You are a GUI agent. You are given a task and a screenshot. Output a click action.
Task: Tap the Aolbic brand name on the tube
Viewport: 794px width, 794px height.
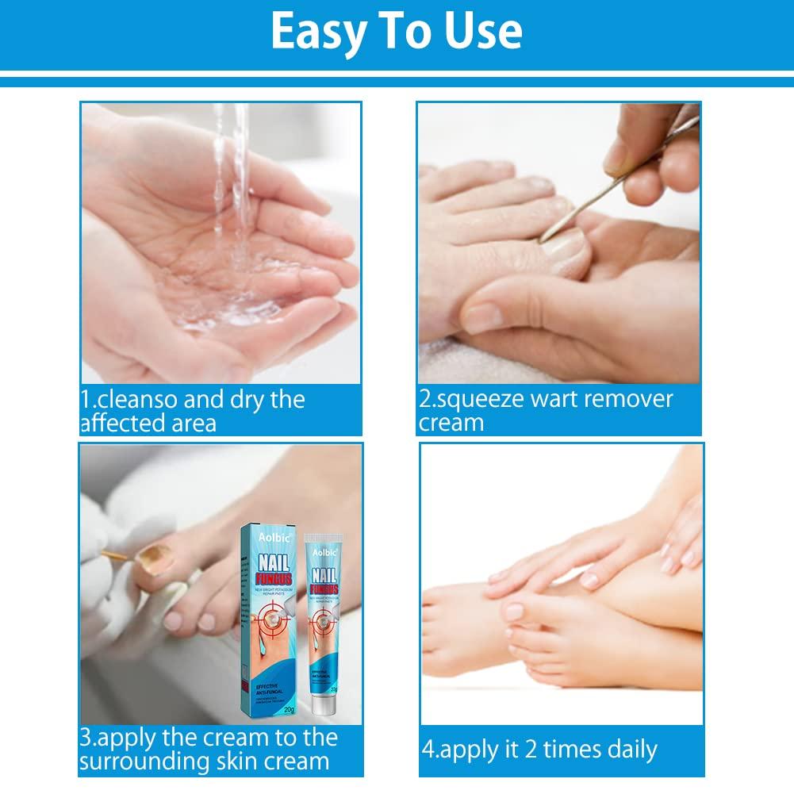322,549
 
